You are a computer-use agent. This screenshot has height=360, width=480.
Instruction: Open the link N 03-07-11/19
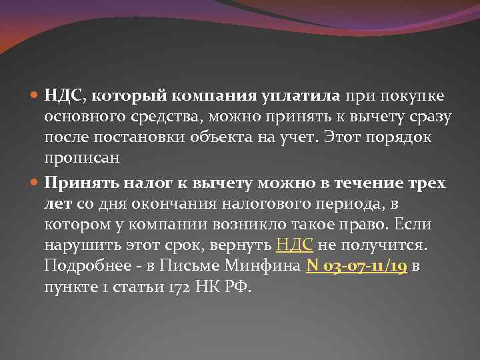click(x=357, y=267)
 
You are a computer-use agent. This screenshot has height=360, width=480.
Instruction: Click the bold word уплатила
click(x=303, y=97)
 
